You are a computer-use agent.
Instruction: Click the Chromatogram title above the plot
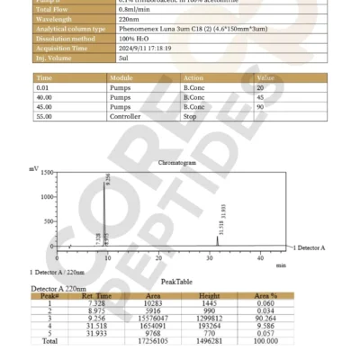(x=176, y=164)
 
